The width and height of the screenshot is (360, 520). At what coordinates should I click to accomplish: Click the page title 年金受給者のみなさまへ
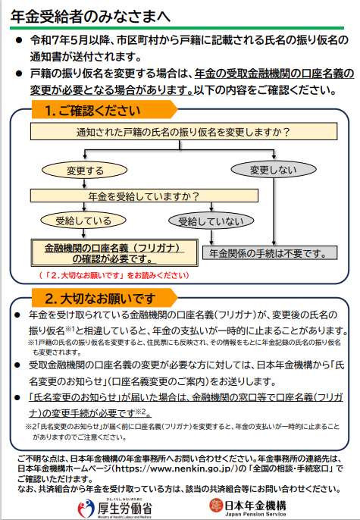point(90,16)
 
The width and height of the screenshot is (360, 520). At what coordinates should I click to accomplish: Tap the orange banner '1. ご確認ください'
point(105,110)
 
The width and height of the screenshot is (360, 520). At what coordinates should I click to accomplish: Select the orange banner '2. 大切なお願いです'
point(105,298)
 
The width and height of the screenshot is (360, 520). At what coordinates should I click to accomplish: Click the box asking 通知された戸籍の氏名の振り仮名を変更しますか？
point(183,132)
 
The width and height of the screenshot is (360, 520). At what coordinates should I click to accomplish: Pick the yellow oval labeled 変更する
point(85,171)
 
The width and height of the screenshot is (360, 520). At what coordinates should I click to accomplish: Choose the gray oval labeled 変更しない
point(274,170)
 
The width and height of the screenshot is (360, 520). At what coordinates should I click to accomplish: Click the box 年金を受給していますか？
point(144,196)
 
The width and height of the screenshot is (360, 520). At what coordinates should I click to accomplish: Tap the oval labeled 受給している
point(83,221)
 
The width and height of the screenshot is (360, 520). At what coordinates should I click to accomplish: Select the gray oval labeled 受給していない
point(211,221)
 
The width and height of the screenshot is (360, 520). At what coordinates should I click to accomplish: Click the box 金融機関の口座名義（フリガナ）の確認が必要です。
point(114,253)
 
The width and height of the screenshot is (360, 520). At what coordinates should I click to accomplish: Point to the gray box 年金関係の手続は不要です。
point(270,253)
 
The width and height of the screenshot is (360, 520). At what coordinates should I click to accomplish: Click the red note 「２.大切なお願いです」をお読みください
point(114,275)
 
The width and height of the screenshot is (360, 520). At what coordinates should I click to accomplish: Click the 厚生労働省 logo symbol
point(86,508)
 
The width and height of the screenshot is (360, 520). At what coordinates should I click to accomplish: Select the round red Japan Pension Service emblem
point(216,505)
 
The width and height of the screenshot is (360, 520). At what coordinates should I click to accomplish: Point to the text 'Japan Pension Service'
point(255,514)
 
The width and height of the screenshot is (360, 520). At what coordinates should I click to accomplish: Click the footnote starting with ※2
point(183,431)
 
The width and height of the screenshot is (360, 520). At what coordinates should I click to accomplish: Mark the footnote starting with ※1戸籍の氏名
point(184,347)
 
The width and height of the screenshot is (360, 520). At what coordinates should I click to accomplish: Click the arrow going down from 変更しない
point(274,212)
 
